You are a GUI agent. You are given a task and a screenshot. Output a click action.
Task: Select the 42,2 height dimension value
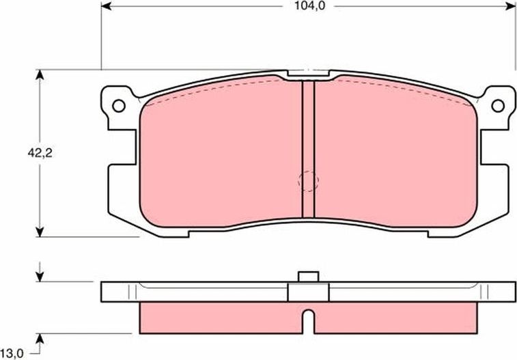40,153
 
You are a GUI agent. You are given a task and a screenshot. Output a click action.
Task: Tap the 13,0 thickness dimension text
14,352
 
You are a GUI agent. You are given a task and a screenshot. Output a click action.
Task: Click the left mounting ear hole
118,106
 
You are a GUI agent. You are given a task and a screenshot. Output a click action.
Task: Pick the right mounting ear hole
498,105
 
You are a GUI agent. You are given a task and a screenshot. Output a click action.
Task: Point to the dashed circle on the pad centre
309,181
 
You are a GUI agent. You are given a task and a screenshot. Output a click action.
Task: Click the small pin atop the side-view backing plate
309,277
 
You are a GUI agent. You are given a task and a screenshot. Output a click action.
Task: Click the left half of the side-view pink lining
219,316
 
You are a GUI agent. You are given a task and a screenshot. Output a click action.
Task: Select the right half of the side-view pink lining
396,316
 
